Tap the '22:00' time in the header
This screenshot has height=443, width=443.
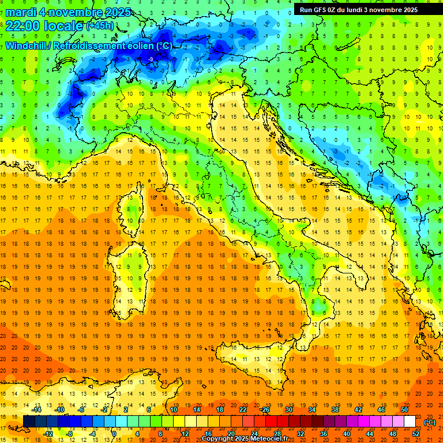(x=22, y=26)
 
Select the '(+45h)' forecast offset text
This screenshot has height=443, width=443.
(x=100, y=27)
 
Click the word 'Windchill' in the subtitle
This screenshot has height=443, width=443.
(x=27, y=46)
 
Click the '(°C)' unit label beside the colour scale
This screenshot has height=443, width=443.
(x=430, y=422)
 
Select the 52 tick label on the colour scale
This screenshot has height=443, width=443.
(x=416, y=434)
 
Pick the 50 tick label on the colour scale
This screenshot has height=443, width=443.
(x=404, y=409)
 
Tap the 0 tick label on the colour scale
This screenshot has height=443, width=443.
(x=114, y=434)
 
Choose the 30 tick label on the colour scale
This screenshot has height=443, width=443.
(x=289, y=409)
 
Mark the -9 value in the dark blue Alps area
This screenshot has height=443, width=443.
(x=150, y=59)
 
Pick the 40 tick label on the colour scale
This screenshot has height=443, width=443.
(x=347, y=434)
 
